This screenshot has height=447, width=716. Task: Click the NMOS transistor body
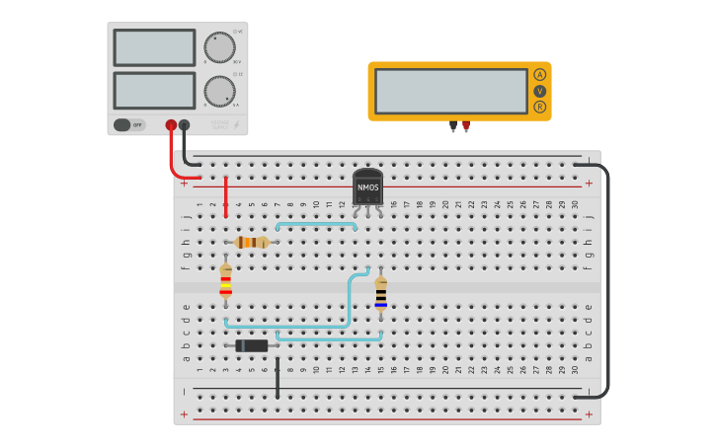tap(367, 186)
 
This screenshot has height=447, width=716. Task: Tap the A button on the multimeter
tap(540, 75)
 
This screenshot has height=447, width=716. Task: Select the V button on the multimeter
tap(540, 91)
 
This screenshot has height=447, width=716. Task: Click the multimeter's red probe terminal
tap(465, 125)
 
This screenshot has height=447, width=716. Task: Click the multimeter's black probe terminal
tap(453, 125)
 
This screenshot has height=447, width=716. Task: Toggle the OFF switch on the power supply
tap(128, 124)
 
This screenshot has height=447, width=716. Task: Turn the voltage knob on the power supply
tap(219, 47)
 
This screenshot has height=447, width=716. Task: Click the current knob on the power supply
tap(219, 92)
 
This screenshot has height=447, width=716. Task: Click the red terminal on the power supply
tap(171, 125)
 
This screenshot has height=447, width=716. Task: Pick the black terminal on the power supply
tap(184, 125)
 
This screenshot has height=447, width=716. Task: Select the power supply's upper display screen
tap(154, 47)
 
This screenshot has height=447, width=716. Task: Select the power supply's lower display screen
tap(154, 91)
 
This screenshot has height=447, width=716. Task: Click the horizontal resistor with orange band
tap(252, 242)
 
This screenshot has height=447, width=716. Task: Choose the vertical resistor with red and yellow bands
tap(226, 281)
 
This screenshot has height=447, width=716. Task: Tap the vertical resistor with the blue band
tap(380, 293)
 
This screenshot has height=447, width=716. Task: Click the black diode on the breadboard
tap(252, 345)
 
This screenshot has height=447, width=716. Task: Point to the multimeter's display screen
tap(451, 91)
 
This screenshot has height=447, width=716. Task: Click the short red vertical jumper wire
tap(226, 196)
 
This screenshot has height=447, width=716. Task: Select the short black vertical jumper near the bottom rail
tap(278, 379)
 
